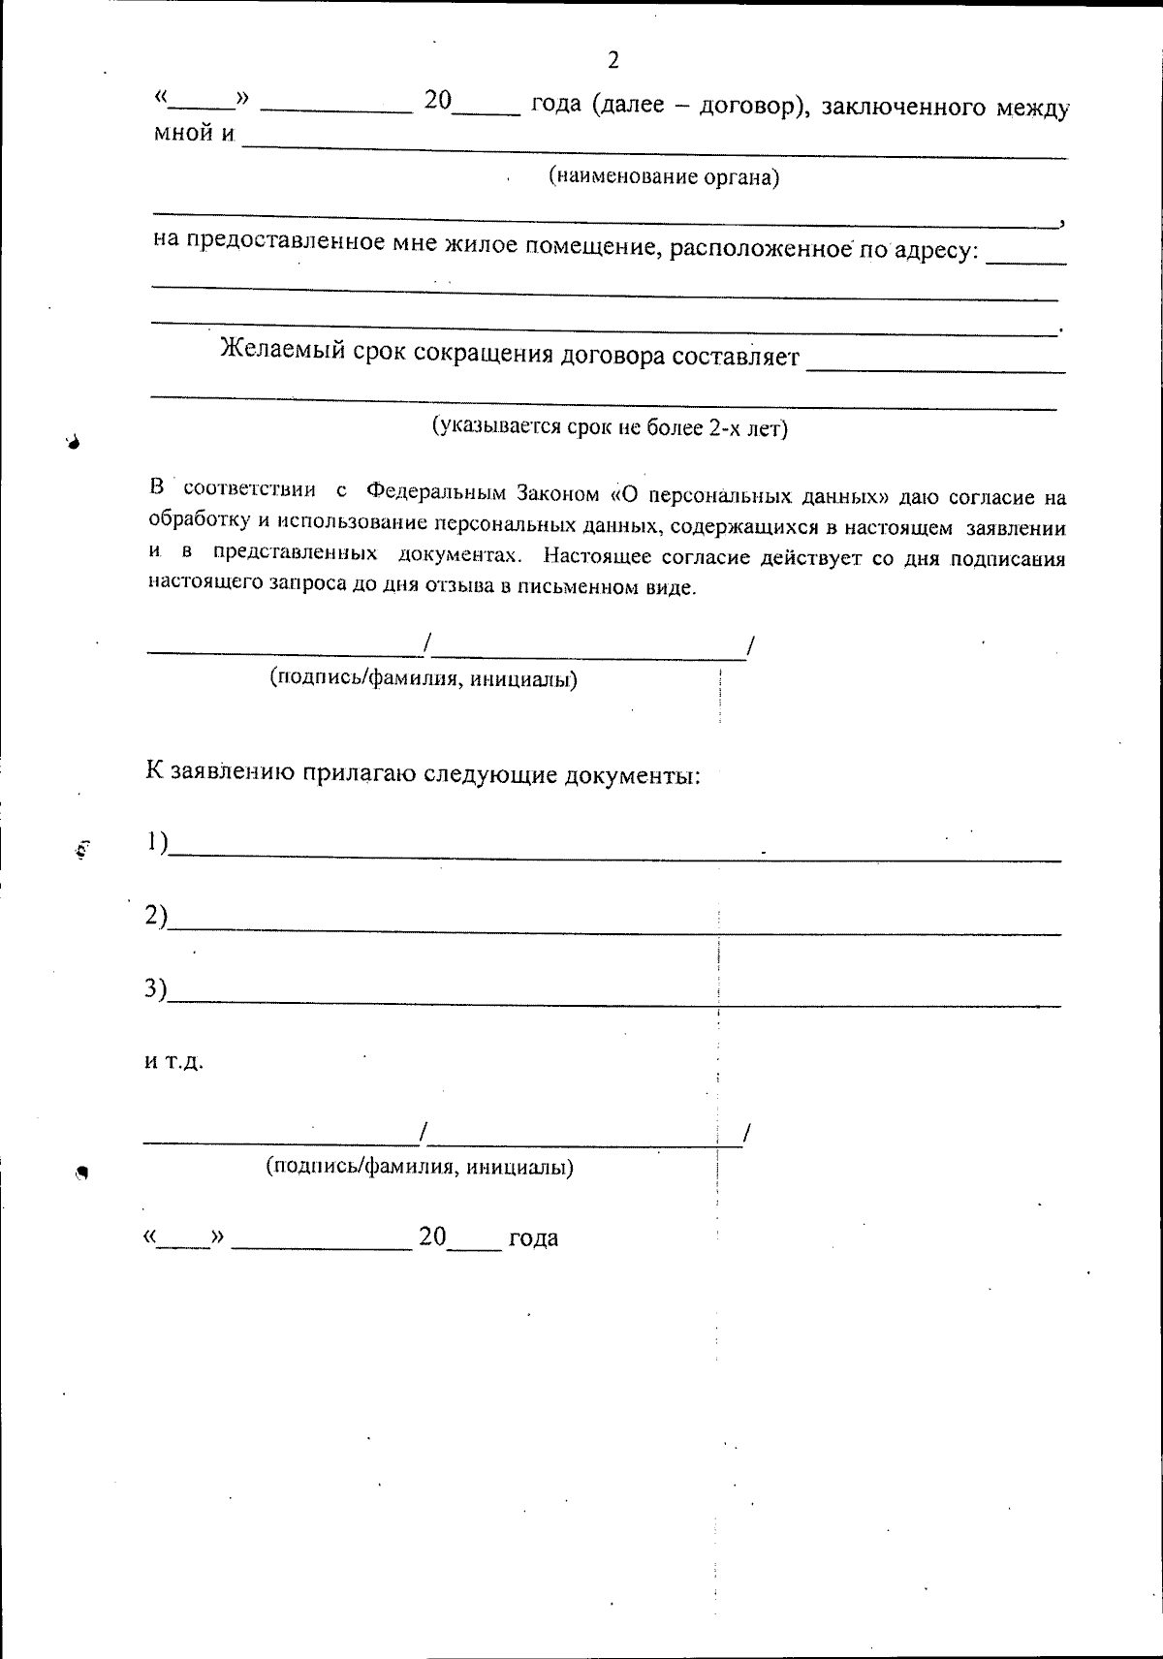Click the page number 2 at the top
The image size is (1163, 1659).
coord(613,60)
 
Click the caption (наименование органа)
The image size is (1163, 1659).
coord(664,177)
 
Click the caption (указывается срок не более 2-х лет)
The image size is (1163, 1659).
coord(610,427)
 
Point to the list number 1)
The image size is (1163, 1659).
coord(157,842)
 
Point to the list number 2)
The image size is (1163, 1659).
coord(156,916)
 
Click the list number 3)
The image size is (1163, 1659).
coord(156,988)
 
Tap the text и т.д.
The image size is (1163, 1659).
coord(174,1062)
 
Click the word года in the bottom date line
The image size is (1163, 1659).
coord(533,1237)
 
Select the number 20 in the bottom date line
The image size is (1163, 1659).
coord(432,1236)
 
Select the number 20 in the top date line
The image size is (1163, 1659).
coord(438,102)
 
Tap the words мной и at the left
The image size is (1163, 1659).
coord(195,133)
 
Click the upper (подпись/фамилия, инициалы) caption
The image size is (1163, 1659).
coord(424,678)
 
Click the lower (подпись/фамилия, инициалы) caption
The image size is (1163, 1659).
coord(420,1167)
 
